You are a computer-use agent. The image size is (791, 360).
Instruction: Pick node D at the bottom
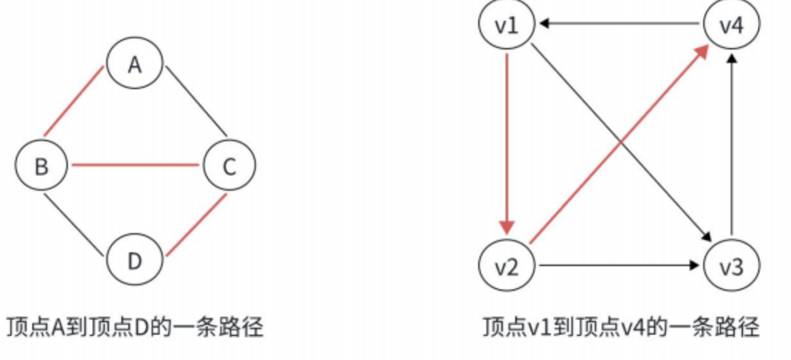point(134,261)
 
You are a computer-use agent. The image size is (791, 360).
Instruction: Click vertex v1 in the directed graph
point(506,25)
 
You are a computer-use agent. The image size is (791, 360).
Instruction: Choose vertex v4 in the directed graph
point(731,25)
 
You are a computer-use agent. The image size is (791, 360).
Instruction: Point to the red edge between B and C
point(135,165)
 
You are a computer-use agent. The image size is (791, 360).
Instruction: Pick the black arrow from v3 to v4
point(732,144)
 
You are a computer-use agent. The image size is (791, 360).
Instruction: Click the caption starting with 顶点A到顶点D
point(134,327)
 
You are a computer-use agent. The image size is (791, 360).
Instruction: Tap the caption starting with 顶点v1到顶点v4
point(621,327)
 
